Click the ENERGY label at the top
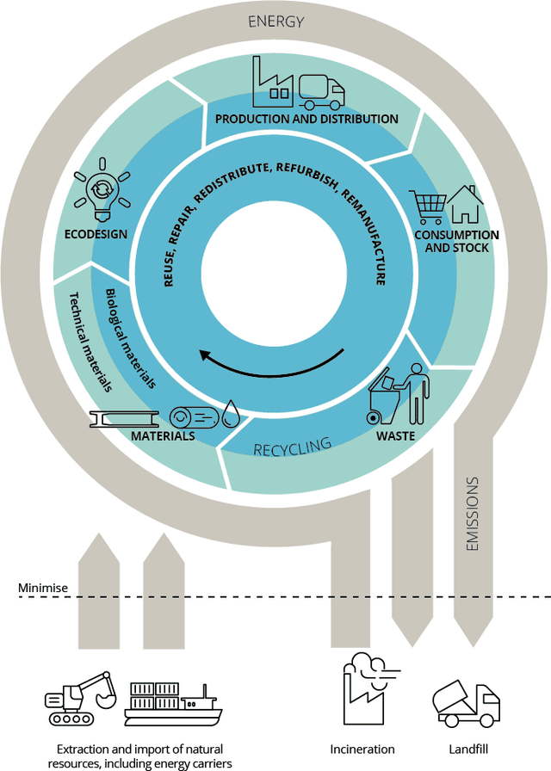275,22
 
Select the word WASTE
395,436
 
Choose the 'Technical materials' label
90,342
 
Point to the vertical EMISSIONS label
472,515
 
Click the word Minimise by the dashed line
43,589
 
